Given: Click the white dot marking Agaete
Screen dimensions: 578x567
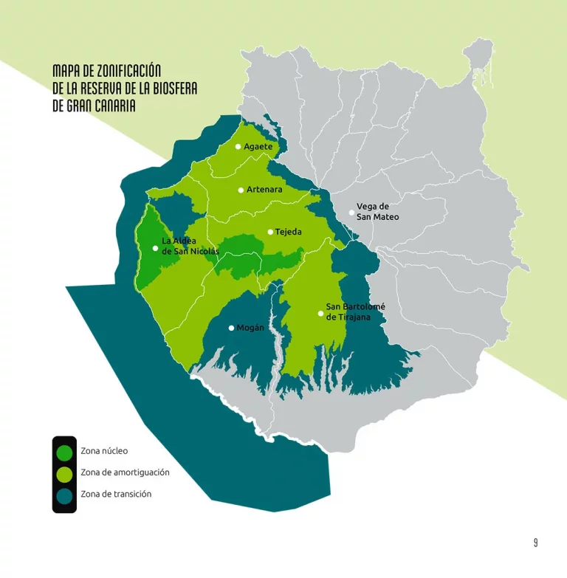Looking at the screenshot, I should click(238, 146).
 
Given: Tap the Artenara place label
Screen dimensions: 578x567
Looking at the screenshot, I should click(264, 190).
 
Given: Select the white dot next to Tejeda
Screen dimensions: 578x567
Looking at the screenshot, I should click(270, 232).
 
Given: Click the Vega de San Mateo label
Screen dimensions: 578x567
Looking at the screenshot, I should click(377, 212).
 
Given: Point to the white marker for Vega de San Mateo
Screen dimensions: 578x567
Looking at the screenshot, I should click(351, 213).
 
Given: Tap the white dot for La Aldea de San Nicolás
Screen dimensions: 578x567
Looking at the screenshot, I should click(155, 248).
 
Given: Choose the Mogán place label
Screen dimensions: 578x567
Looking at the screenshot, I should click(250, 328).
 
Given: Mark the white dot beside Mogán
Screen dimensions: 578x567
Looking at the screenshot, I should click(231, 328).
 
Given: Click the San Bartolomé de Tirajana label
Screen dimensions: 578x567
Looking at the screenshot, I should click(355, 312).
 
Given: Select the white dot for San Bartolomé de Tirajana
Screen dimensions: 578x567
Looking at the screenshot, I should click(320, 313).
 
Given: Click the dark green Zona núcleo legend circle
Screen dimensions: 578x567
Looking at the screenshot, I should click(64, 451).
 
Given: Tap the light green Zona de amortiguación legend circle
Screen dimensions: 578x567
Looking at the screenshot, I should click(64, 472).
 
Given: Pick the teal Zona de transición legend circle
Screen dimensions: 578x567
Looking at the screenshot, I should click(64, 495).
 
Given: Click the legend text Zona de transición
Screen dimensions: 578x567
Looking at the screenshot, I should click(116, 494).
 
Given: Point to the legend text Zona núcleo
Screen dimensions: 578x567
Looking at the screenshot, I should click(104, 450).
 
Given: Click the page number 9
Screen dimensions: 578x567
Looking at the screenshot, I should click(536, 543).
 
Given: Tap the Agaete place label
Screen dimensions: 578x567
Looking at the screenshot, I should click(258, 146).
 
